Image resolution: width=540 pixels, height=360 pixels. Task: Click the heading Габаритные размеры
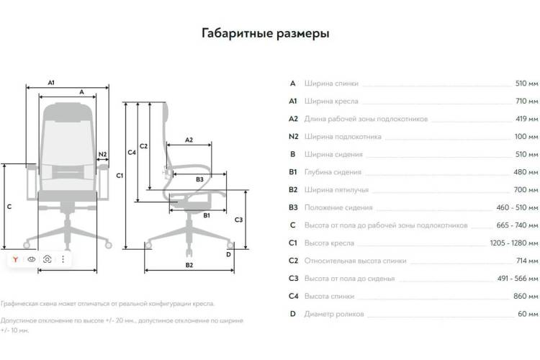[265, 33]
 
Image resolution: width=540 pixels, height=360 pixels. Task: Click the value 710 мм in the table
[526, 101]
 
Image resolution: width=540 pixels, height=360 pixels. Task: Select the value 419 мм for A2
[526, 119]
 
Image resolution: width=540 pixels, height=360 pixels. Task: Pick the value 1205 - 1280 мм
[513, 243]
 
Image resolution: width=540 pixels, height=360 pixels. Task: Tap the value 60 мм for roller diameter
[528, 314]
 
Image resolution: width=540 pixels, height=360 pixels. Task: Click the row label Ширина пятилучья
[336, 190]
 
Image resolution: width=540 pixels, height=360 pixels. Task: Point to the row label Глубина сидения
[333, 172]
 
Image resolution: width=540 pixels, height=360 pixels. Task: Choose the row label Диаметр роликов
[333, 314]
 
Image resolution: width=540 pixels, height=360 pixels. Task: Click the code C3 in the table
[293, 279]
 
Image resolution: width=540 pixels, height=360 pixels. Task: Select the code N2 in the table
[293, 136]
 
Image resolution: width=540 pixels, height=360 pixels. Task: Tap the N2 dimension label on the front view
[102, 154]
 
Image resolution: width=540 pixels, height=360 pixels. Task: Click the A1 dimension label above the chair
[51, 83]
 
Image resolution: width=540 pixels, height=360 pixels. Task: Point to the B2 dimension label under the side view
[189, 265]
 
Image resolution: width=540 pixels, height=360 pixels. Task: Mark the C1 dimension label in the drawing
[120, 176]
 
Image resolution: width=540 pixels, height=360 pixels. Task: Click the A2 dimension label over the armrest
[189, 140]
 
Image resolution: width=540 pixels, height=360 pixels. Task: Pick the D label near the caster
[228, 255]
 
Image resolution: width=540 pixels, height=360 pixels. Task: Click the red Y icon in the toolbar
[15, 259]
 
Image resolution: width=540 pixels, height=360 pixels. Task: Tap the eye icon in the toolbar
[32, 259]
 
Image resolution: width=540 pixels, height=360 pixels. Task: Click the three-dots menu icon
[63, 259]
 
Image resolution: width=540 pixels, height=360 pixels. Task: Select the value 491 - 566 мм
[517, 279]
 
